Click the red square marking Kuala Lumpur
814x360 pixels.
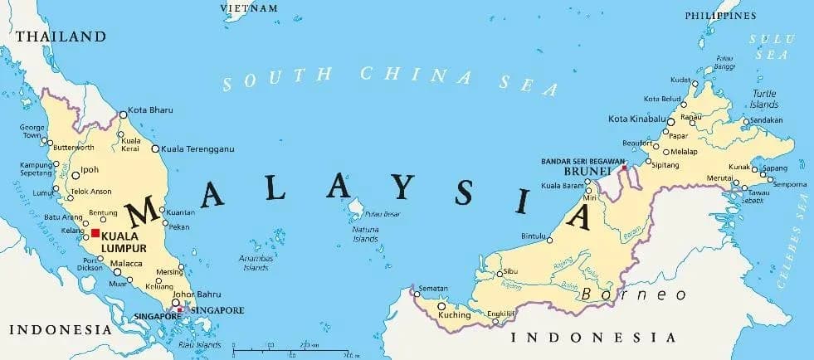pos(96,234)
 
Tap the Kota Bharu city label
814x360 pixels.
pos(150,113)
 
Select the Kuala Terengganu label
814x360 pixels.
pos(197,148)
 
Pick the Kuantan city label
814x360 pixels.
pos(181,212)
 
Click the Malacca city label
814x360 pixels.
pos(127,263)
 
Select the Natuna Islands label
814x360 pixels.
pos(365,234)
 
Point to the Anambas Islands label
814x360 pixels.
pos(255,262)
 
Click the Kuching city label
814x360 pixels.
pos(454,315)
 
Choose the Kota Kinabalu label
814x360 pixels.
pos(637,120)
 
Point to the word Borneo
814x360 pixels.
pos(634,294)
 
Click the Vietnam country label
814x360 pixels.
pos(249,7)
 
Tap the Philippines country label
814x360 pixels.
pos(720,16)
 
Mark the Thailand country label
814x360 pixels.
pos(61,36)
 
